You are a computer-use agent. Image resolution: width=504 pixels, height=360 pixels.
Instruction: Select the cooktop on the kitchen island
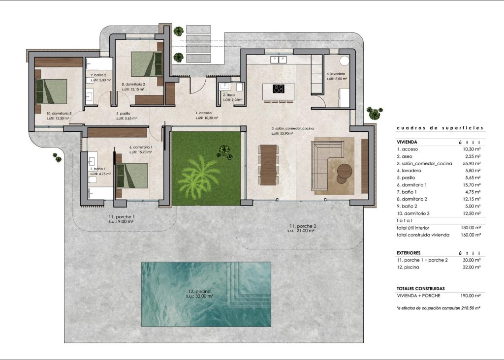click(x=279, y=89)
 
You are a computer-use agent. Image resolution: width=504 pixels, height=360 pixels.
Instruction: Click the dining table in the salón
click(x=268, y=164)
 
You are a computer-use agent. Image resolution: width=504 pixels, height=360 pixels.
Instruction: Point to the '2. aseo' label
click(x=228, y=95)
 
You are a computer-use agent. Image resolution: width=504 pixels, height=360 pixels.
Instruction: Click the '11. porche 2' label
click(x=302, y=226)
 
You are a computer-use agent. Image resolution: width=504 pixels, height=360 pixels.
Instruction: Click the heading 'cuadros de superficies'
click(x=440, y=128)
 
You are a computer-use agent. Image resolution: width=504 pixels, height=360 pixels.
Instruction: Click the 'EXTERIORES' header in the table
click(x=409, y=253)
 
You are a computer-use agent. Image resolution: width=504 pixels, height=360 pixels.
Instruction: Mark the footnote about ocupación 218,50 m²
click(x=438, y=307)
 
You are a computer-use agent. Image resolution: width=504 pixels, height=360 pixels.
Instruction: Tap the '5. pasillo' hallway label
click(x=123, y=114)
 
